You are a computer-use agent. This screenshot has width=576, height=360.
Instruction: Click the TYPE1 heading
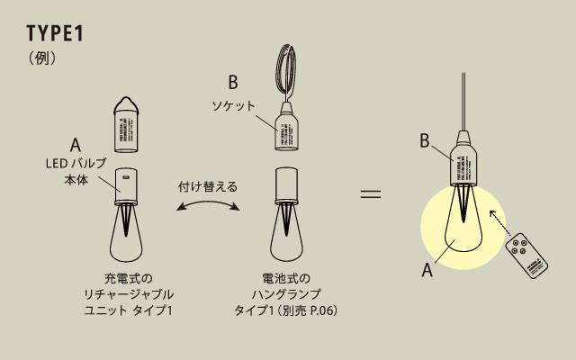click(x=56, y=33)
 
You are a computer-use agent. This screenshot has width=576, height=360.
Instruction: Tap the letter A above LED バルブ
click(x=76, y=144)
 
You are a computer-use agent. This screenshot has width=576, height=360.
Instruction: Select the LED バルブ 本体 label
click(x=76, y=171)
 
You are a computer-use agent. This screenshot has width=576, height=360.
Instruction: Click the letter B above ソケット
click(x=232, y=84)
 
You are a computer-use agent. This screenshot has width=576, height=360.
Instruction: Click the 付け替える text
click(x=209, y=186)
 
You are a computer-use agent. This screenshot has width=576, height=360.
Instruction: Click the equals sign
click(x=371, y=193)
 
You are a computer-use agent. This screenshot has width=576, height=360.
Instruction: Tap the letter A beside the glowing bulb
click(x=427, y=267)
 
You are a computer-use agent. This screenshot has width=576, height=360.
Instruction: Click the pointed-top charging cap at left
click(x=126, y=121)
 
